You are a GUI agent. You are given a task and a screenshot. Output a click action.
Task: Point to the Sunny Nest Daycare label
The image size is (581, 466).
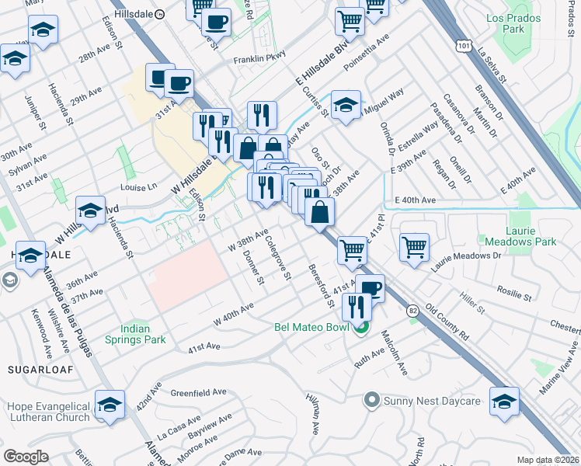point(432,402)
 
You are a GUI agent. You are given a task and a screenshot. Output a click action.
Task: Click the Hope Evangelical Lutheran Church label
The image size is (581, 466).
point(48,412)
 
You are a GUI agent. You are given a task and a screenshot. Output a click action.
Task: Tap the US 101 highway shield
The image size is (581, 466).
point(464,47)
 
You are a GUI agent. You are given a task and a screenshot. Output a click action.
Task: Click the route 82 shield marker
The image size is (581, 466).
point(412,309)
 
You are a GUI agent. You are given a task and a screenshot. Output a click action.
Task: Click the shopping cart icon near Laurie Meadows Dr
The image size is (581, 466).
point(415,248)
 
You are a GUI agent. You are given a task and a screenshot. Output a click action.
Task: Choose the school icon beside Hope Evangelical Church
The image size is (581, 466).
point(110,405)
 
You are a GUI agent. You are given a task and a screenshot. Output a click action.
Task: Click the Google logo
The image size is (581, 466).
point(26,457)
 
